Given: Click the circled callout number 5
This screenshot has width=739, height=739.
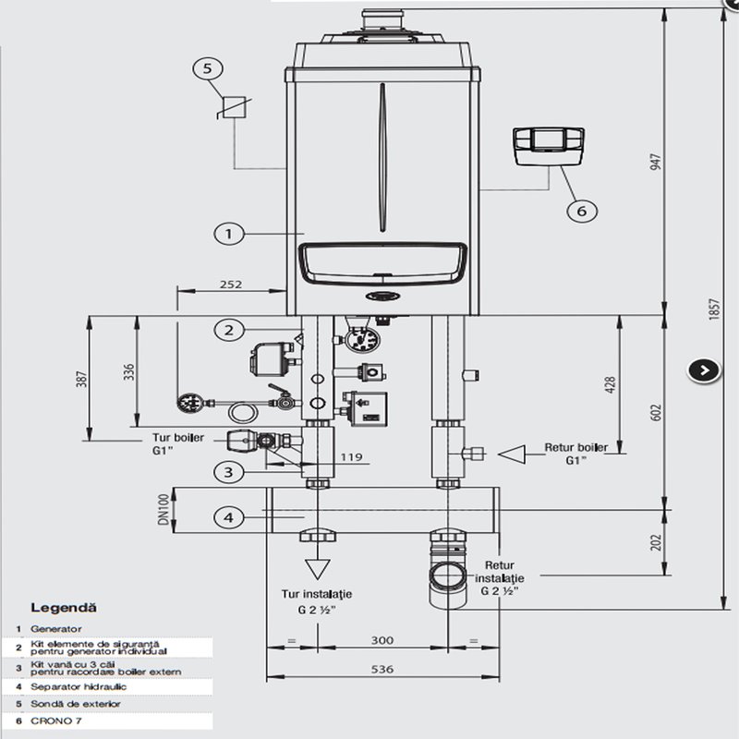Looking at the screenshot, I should [x=208, y=68].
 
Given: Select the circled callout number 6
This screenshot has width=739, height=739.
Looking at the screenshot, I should [x=581, y=211].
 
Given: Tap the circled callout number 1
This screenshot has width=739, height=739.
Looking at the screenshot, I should [x=229, y=234].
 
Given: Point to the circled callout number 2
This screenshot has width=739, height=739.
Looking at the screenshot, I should [x=229, y=329].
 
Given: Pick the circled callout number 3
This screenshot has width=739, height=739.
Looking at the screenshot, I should [x=229, y=472].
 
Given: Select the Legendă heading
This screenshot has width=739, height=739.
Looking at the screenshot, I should [x=64, y=608].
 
